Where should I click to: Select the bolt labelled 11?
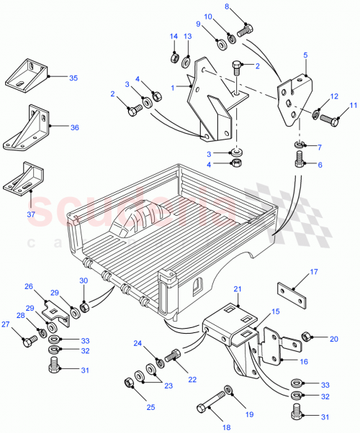(329, 118)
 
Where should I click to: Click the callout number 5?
(305, 55)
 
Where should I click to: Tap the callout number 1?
(172, 87)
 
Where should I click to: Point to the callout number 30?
(84, 281)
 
